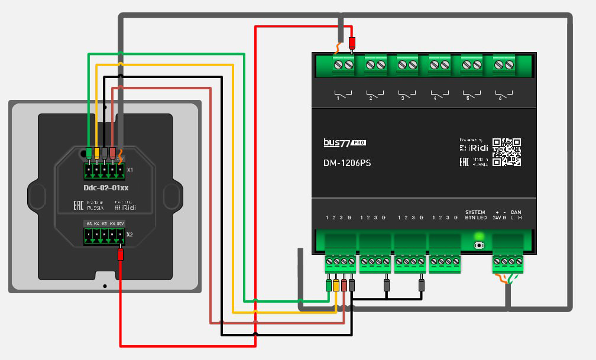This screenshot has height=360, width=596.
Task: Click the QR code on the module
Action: coord(506,152)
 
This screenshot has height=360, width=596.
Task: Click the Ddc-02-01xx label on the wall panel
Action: coord(106,187)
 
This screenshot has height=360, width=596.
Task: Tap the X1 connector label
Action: coord(130,170)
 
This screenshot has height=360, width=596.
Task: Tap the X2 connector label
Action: coord(130,234)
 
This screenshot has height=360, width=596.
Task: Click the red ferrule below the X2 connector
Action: coord(120,255)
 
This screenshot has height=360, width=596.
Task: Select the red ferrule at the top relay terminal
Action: coord(352,43)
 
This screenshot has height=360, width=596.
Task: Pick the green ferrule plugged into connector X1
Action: coord(89,152)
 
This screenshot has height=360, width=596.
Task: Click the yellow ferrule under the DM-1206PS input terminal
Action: coord(336,285)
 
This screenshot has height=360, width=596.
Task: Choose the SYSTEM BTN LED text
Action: coord(475,215)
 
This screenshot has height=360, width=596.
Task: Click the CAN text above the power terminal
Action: coord(516,212)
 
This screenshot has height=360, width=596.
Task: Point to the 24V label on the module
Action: coord(497,218)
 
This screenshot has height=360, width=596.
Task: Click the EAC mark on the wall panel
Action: coord(77,205)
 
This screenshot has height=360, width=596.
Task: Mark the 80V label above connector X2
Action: coord(120,223)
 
